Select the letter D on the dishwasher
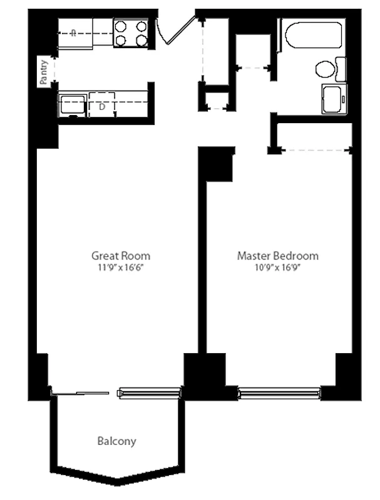coord(102,106)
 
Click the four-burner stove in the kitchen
coord(131,33)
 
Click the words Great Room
coord(121,256)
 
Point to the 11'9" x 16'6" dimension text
coord(121,267)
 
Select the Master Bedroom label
coord(277,256)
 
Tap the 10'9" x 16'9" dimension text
coord(277,267)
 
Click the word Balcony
coord(116,441)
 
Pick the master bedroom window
coord(279,392)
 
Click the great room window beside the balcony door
coord(150,392)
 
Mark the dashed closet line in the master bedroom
coord(316,150)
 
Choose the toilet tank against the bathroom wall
coord(341,69)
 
